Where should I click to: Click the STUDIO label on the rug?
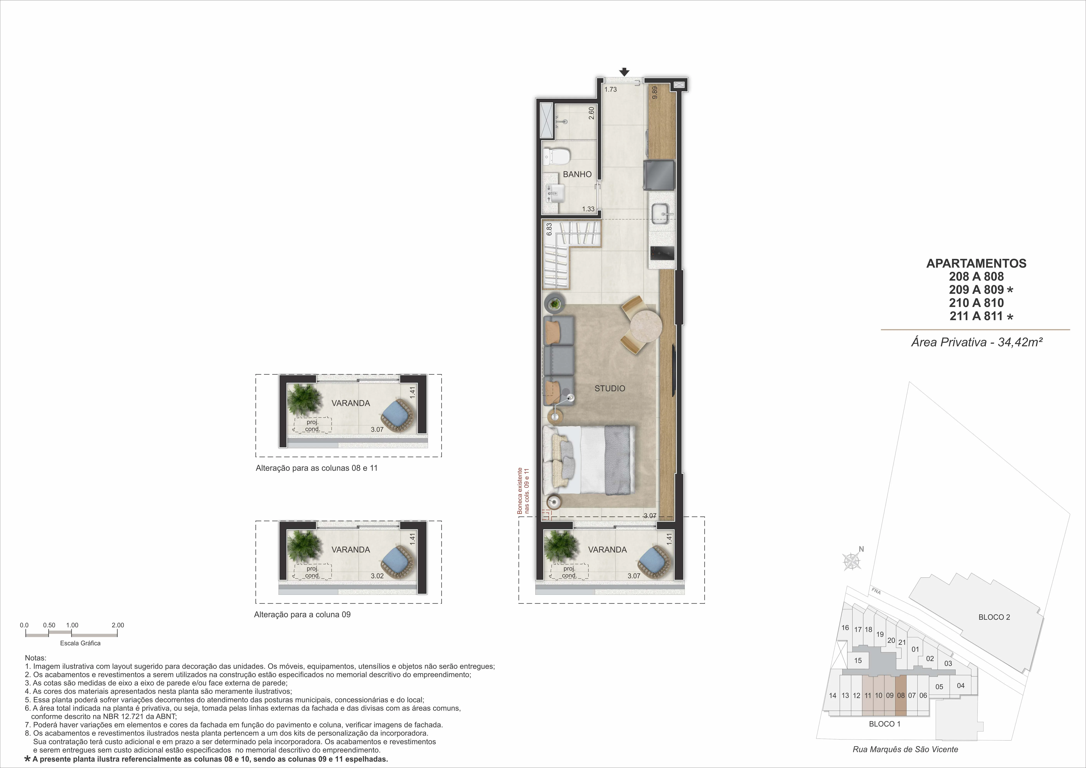tap(610, 388)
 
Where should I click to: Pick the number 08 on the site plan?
tap(901, 695)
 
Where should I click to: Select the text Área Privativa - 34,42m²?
tap(977, 342)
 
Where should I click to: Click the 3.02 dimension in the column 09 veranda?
tap(377, 576)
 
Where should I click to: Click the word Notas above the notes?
tap(35, 658)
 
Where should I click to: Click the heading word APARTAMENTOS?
tap(976, 263)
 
